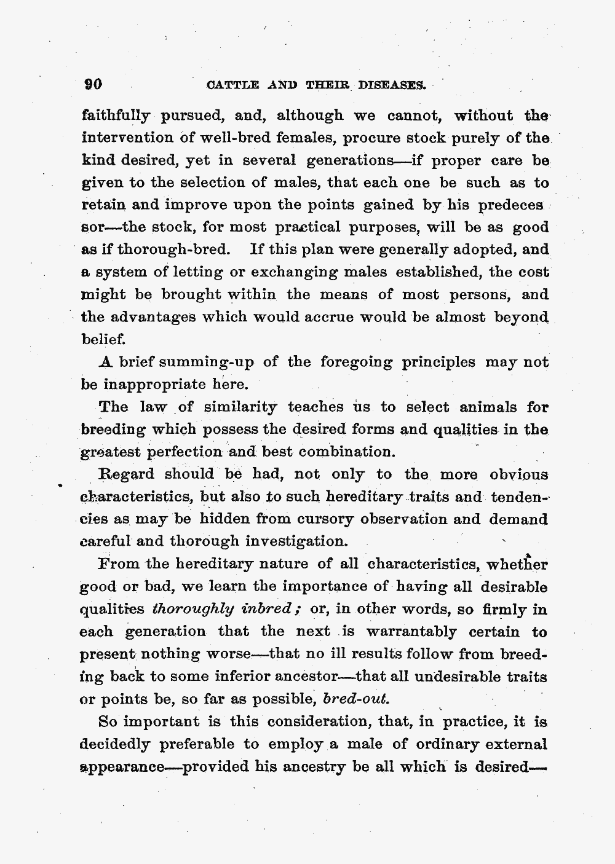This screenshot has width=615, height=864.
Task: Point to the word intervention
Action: click(121, 138)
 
